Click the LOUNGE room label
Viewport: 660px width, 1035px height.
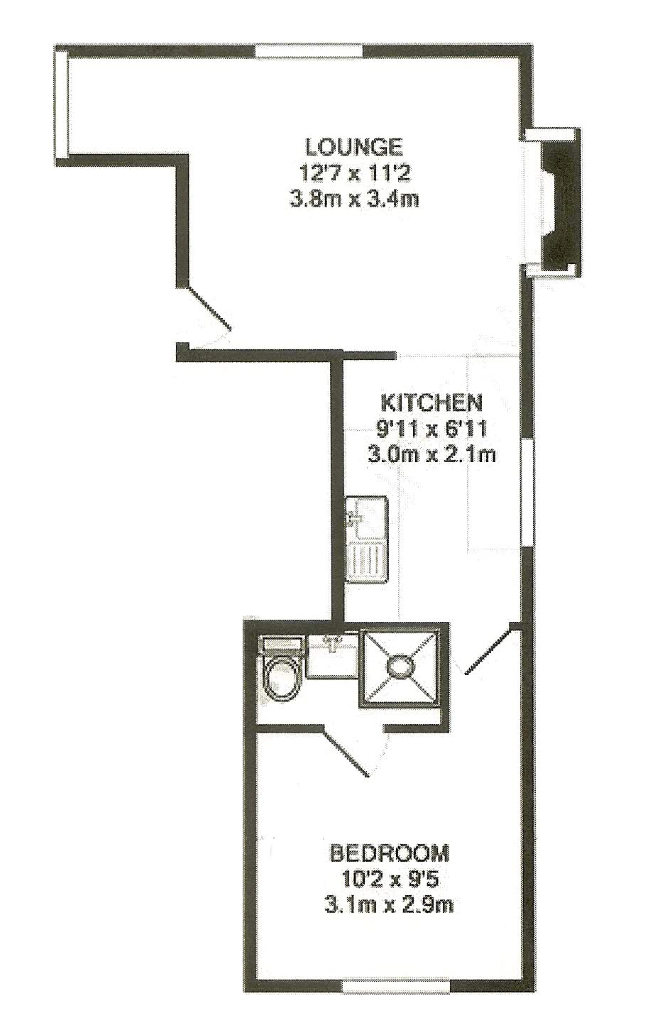point(354,147)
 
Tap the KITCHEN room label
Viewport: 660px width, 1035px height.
point(431,402)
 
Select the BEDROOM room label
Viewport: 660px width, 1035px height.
point(390,851)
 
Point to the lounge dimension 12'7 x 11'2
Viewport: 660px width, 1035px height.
point(354,173)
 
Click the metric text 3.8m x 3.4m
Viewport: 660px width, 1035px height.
point(354,199)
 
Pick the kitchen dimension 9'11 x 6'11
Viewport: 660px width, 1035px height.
point(431,429)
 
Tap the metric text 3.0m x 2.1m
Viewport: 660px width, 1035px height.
point(431,454)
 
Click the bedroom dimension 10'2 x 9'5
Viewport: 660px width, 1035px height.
point(390,879)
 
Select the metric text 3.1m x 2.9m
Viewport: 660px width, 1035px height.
point(390,905)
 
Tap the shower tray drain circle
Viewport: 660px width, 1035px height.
point(400,667)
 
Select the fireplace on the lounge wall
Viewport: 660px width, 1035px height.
point(561,202)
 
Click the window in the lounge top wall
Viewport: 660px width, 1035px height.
point(309,51)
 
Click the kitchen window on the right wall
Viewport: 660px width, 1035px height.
point(527,492)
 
